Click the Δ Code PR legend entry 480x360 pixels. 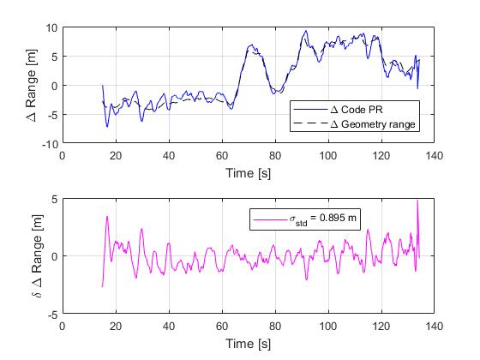click(x=369, y=110)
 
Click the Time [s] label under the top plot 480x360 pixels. click(x=248, y=173)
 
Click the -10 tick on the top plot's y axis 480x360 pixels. click(x=48, y=144)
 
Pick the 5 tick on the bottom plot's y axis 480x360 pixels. click(x=53, y=199)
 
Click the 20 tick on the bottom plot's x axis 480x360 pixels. click(x=116, y=327)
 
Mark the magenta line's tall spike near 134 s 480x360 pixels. click(x=417, y=201)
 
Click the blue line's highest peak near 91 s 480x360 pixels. click(x=304, y=32)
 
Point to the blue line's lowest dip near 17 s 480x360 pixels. click(x=107, y=126)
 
